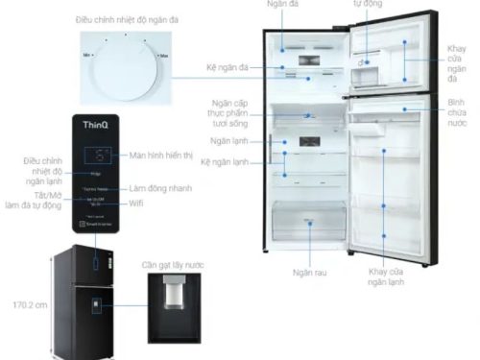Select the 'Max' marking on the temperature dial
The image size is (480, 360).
click(x=166, y=58)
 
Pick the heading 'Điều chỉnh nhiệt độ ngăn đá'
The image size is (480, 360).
click(x=124, y=19)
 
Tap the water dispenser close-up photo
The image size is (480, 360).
click(x=175, y=301)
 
